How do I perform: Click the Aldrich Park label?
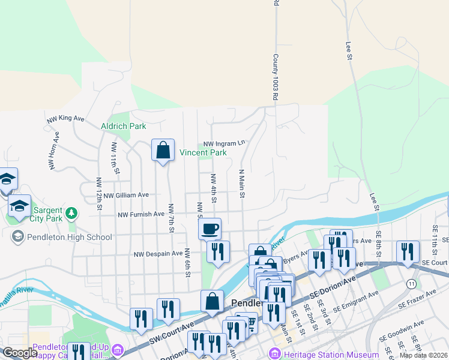124,127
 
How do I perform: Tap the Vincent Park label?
203,153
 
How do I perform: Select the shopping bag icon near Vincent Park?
163,151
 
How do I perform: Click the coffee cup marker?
210,229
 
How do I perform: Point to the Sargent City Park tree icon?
71,212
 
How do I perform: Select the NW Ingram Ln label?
224,144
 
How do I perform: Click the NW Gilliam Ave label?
125,195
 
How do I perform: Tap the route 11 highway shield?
411,283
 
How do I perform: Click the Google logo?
20,353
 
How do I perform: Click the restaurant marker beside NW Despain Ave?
218,251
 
